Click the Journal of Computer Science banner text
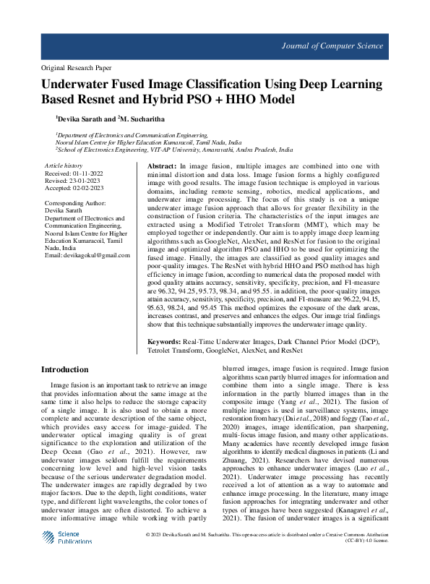click(x=332, y=46)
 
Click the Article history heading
click(x=64, y=166)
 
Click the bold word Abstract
click(x=152, y=166)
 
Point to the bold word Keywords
click(x=164, y=340)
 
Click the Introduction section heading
click(x=69, y=370)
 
